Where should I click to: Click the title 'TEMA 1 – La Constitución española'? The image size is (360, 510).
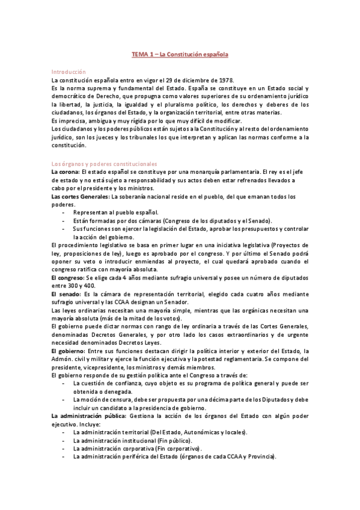tap(180, 55)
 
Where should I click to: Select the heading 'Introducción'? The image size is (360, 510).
tap(69, 72)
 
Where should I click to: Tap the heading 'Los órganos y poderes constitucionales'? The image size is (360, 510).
tap(104, 164)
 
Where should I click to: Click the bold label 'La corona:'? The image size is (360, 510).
tap(67, 172)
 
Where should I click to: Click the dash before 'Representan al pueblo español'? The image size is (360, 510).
tap(64, 212)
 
